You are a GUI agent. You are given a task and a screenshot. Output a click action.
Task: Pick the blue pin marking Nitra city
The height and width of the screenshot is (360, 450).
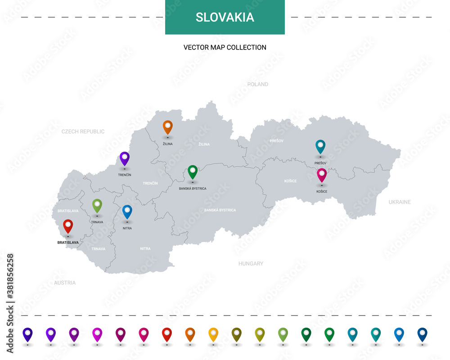click(127, 211)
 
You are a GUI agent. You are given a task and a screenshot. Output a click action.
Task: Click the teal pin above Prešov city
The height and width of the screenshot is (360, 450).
click(320, 146)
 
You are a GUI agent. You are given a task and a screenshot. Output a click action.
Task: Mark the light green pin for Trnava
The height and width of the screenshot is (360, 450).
click(97, 205)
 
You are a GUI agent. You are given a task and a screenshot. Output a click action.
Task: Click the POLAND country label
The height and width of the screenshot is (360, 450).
click(258, 84)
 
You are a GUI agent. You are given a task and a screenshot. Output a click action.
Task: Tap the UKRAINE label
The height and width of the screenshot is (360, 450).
click(400, 202)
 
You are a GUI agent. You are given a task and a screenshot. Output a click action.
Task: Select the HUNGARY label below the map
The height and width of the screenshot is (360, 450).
click(251, 264)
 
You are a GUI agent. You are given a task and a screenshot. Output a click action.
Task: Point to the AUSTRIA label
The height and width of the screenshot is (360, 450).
click(65, 283)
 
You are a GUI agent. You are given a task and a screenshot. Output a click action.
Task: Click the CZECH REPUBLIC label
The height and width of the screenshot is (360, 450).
click(83, 131)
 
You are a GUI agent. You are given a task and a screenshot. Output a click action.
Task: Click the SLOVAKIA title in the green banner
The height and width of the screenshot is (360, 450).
click(225, 18)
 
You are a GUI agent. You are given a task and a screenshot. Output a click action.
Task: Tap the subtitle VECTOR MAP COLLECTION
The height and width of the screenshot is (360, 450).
click(225, 47)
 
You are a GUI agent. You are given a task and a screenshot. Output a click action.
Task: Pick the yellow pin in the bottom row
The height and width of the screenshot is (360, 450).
click(213, 334)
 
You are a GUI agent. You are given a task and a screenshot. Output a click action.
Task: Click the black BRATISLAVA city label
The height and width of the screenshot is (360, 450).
click(68, 242)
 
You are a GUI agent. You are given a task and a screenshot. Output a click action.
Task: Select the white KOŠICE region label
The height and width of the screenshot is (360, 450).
click(290, 181)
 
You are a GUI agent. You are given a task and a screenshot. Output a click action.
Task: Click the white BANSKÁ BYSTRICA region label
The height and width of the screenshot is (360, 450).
click(220, 210)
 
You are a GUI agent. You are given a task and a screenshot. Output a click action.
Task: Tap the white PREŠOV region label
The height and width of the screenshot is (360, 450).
click(276, 141)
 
